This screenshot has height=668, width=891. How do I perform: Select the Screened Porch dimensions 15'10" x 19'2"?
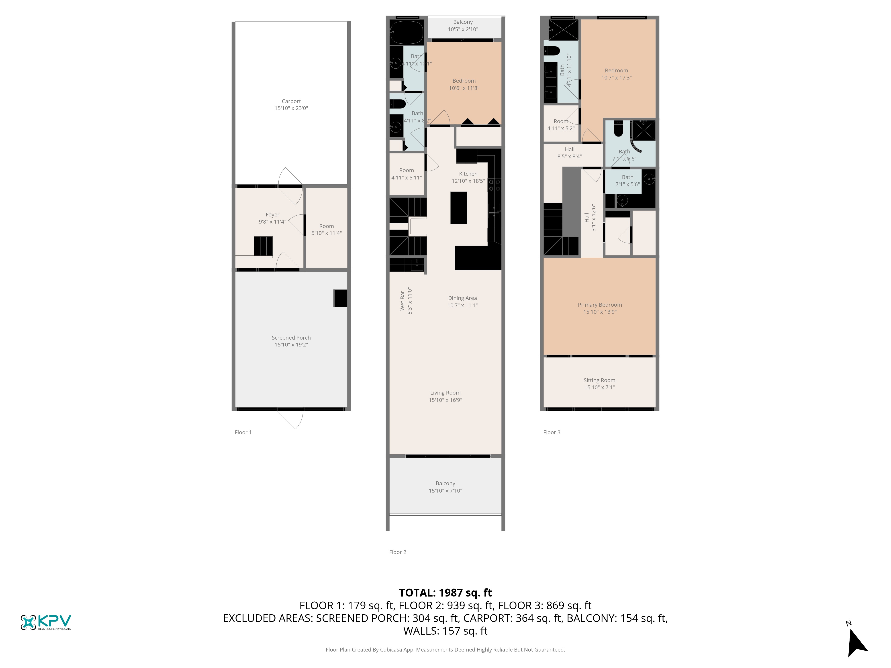tap(291, 345)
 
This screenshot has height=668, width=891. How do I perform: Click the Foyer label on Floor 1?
tap(272, 215)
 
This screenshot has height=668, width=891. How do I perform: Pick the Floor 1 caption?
tap(243, 432)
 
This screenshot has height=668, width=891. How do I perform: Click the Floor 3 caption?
tap(552, 432)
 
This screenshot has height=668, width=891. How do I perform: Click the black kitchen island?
tap(458, 208)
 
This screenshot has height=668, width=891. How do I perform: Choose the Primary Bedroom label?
tap(600, 305)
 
